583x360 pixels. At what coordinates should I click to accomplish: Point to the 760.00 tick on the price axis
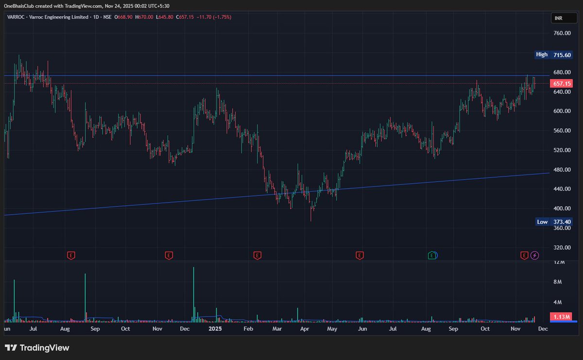click(562, 33)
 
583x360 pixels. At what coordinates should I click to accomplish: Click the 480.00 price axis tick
click(562, 170)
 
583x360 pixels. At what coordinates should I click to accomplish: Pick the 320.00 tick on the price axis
click(562, 247)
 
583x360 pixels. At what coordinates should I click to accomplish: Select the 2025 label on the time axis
click(215, 329)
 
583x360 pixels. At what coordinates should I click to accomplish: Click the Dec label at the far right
click(543, 329)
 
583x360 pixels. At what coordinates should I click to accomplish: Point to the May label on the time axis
click(332, 329)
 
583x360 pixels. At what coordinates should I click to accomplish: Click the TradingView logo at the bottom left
click(37, 348)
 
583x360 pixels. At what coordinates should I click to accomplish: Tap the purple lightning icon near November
click(535, 255)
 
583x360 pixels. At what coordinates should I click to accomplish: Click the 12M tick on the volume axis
click(559, 262)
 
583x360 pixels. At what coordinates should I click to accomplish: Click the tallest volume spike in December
click(193, 291)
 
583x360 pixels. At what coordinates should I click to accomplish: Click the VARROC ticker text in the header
click(15, 17)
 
